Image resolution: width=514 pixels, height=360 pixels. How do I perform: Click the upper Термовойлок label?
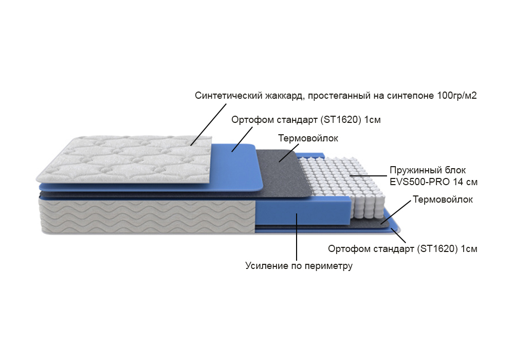coord(308,138)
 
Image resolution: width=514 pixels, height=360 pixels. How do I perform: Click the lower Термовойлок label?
coord(443,200)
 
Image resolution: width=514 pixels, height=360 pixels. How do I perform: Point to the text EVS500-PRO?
coord(419,182)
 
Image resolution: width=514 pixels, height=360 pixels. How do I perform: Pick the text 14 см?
coord(465,182)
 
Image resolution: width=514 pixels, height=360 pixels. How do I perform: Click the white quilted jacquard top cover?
coord(124,159)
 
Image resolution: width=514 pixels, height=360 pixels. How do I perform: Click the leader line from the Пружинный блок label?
coord(368,176)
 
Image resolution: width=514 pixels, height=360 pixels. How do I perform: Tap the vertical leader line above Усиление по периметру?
coord(297,237)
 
